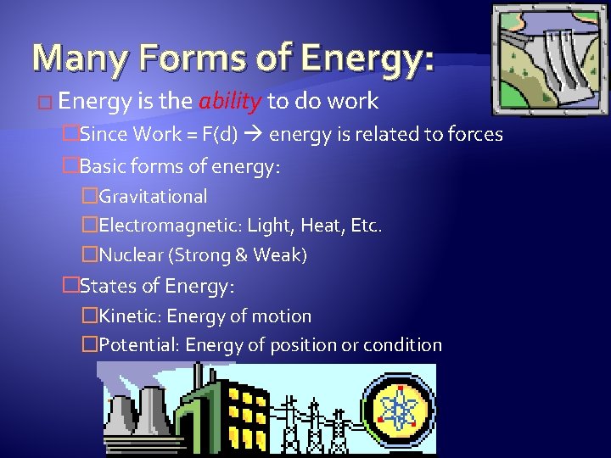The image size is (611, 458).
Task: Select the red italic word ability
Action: click(x=229, y=102)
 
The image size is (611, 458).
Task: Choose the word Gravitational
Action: click(x=154, y=197)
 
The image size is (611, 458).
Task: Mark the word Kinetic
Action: click(x=130, y=316)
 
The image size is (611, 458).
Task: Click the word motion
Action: click(x=283, y=316)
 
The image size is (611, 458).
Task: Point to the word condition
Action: click(x=402, y=345)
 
